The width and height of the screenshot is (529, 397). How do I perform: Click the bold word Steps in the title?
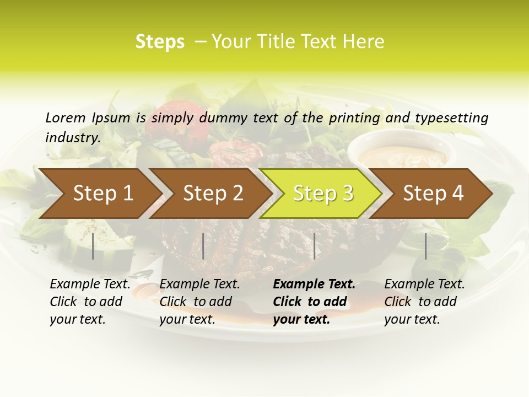click(160, 42)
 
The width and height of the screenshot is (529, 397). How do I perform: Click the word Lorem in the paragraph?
click(66, 117)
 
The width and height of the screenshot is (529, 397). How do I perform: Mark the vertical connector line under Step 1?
click(93, 246)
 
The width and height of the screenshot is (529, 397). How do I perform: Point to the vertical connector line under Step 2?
click(203, 246)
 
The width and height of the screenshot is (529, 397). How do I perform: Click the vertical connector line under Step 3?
click(315, 246)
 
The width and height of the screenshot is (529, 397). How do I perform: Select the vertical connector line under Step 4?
click(425, 246)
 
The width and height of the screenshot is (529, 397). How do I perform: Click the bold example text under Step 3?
click(313, 302)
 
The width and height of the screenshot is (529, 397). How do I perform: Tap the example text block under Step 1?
click(89, 302)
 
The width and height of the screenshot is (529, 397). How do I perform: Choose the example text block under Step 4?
click(424, 302)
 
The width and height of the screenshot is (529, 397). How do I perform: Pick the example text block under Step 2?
click(199, 302)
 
